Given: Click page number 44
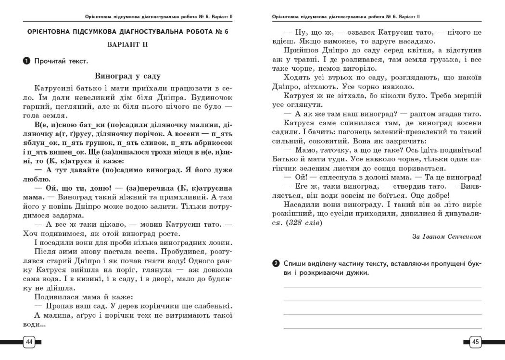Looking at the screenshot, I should pos(28,342).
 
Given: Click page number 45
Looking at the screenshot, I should pos(475,342).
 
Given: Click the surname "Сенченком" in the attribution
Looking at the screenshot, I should pos(462,236).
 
